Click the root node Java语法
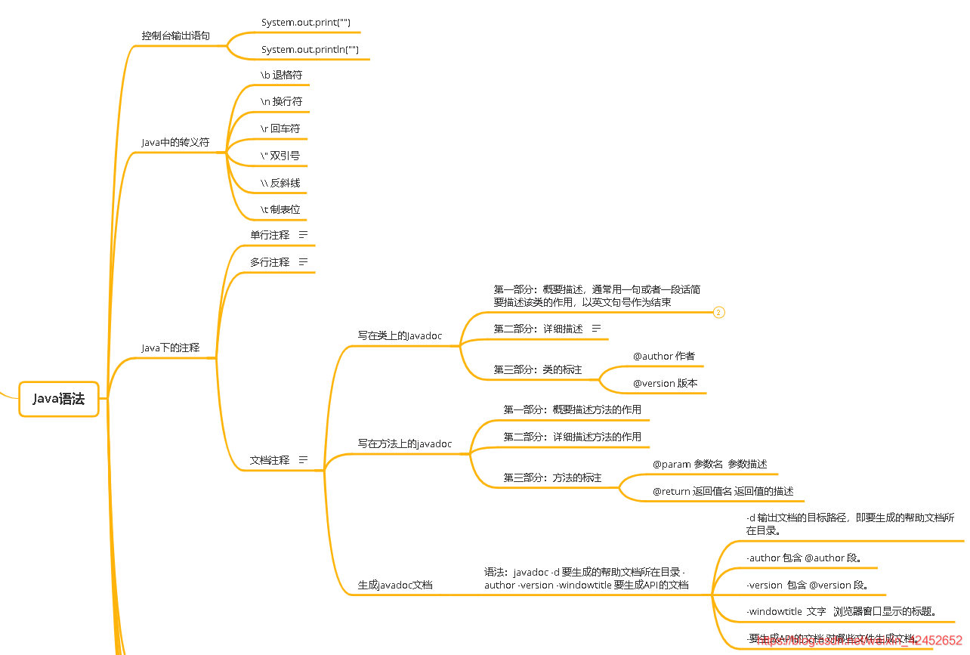click(x=59, y=399)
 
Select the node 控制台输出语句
click(x=175, y=36)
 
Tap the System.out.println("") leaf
click(x=310, y=50)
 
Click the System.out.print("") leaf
click(x=305, y=23)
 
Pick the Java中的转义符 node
click(x=175, y=142)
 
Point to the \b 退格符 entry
click(x=281, y=75)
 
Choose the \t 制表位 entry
click(x=280, y=209)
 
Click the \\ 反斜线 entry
click(x=280, y=183)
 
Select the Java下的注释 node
click(x=171, y=348)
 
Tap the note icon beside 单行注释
click(x=303, y=235)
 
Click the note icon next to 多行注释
click(x=303, y=262)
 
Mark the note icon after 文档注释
click(x=303, y=459)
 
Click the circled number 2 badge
click(x=718, y=312)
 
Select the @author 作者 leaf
click(x=663, y=356)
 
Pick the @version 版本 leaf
click(x=665, y=383)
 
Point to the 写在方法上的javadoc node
click(x=404, y=443)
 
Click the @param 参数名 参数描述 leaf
click(x=709, y=464)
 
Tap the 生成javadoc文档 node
click(x=395, y=585)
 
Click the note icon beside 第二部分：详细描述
click(x=595, y=329)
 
